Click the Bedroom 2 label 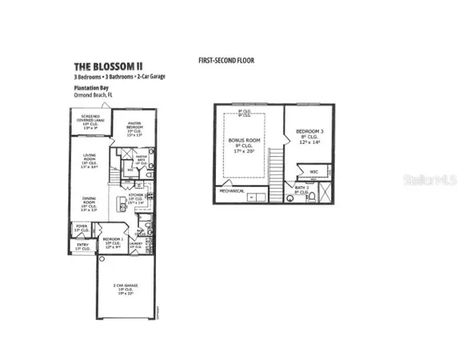(x=112, y=242)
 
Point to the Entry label (x=82, y=247)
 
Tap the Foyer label (x=81, y=227)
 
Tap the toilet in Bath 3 (x=313, y=197)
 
